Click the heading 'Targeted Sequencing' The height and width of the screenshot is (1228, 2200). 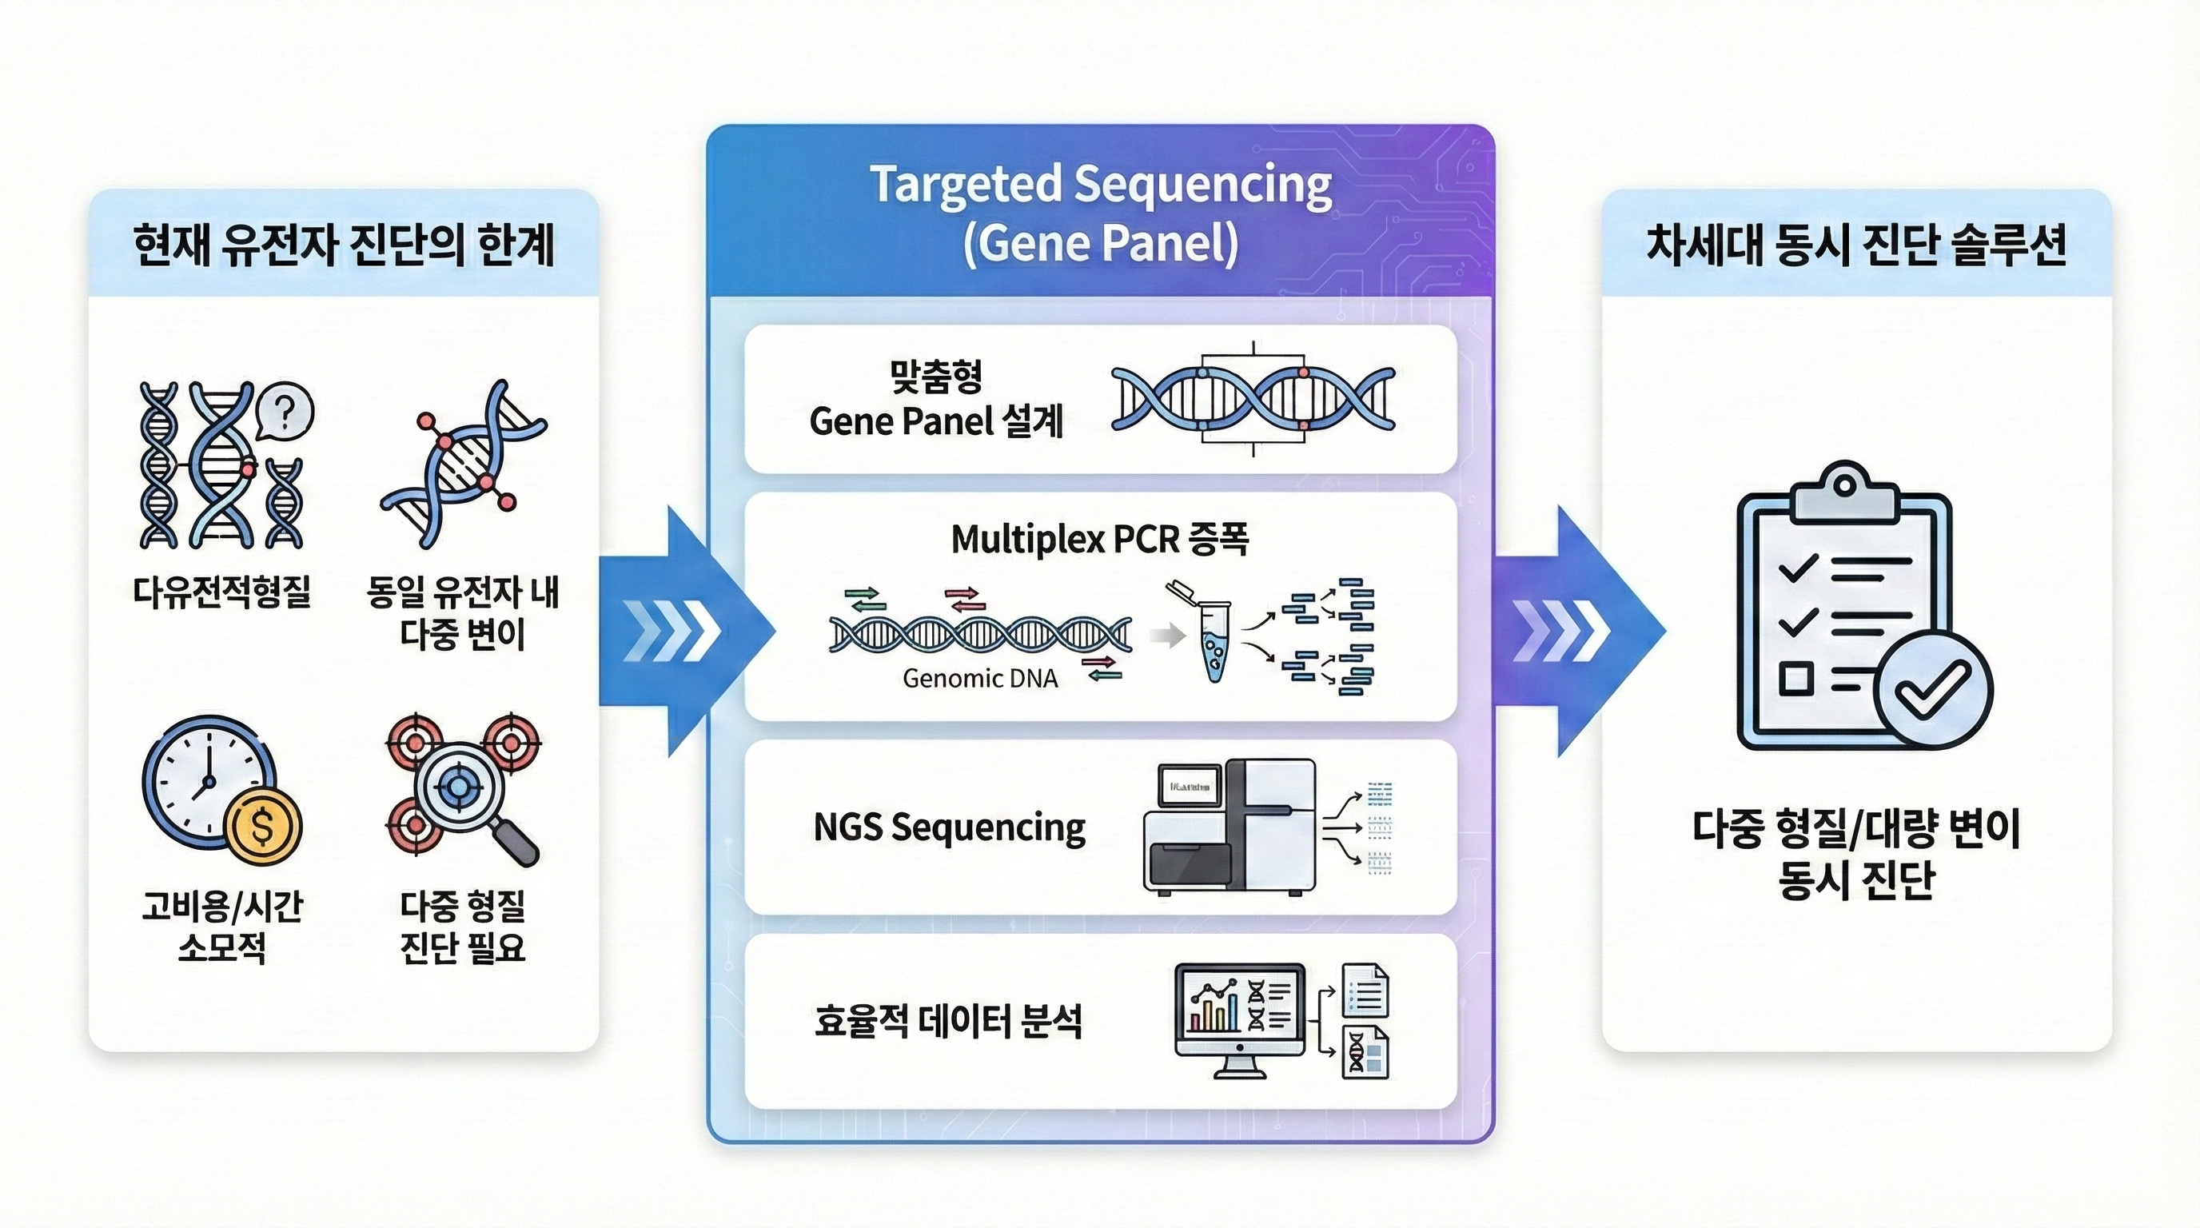[1101, 185]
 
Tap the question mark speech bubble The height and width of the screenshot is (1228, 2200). [285, 413]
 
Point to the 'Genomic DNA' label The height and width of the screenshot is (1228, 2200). [979, 678]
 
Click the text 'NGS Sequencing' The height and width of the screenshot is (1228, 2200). [949, 827]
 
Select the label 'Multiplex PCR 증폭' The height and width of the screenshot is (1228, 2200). [1100, 540]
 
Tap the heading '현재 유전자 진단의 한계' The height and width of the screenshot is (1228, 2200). [345, 245]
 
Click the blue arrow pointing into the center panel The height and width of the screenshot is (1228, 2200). [687, 632]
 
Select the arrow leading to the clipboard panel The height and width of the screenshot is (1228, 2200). [1578, 632]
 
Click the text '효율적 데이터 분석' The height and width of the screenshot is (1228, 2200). [948, 1022]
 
